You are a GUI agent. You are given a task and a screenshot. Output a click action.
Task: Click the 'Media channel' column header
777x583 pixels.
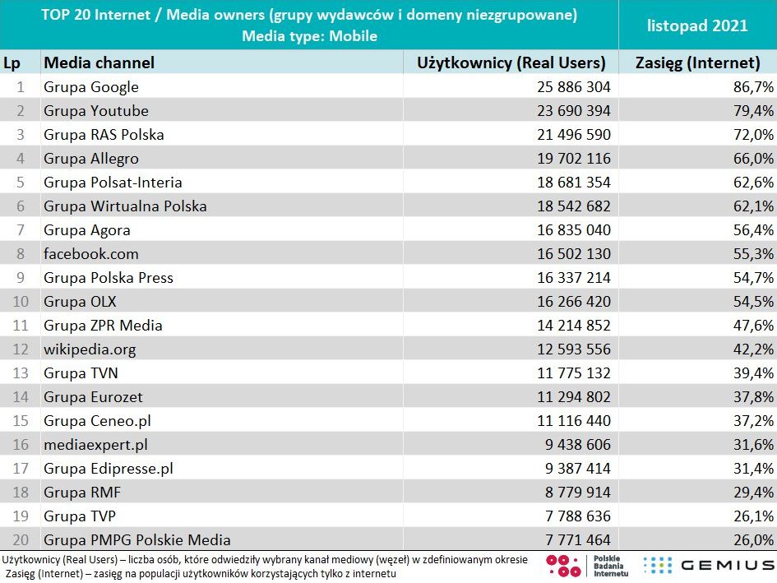click(99, 62)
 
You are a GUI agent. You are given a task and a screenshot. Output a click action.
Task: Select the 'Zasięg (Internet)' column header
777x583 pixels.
click(697, 62)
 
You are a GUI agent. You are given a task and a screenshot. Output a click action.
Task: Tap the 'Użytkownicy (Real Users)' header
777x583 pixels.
click(511, 62)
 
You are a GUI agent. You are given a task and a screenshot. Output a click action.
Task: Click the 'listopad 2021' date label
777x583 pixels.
click(697, 25)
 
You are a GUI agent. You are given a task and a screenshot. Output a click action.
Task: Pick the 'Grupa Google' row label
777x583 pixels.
click(91, 87)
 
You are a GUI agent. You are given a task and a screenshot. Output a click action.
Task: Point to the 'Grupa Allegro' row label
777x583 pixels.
click(91, 159)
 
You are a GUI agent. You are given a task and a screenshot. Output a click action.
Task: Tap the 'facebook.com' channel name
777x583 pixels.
click(91, 254)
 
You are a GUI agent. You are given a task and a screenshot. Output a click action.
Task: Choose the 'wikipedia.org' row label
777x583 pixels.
click(90, 349)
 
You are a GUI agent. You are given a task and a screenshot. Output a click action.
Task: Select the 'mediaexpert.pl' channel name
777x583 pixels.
click(95, 445)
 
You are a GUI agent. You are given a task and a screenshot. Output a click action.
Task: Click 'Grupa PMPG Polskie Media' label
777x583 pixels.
click(137, 540)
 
